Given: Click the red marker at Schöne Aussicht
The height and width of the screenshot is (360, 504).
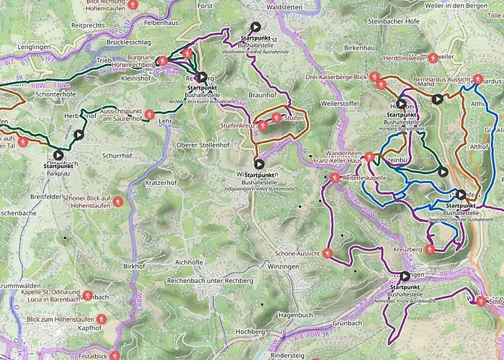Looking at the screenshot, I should [x=327, y=253].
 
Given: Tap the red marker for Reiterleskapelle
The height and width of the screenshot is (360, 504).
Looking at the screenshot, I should [x=335, y=177].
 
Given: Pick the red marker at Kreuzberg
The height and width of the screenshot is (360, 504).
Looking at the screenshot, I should [x=430, y=249].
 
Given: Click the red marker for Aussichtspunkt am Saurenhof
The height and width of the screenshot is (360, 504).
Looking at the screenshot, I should [x=148, y=114].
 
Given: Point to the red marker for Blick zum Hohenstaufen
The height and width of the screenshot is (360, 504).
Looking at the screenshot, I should [x=102, y=318].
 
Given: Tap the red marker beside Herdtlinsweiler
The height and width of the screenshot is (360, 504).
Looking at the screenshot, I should [x=433, y=58].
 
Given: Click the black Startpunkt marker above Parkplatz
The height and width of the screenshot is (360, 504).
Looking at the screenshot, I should [x=58, y=155].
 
